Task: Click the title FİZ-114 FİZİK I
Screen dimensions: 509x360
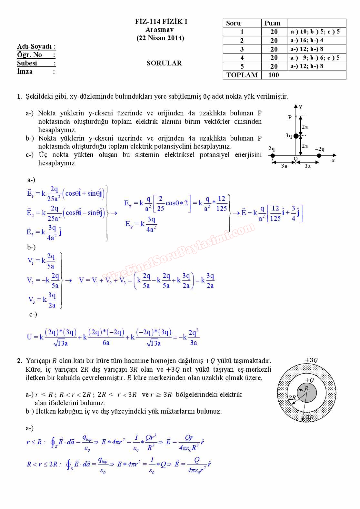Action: [161, 22]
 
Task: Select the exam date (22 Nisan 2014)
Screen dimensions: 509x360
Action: [160, 38]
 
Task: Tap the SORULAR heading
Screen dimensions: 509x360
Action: [164, 63]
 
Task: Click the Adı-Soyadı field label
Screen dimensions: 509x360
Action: [36, 46]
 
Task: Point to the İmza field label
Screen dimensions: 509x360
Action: [25, 72]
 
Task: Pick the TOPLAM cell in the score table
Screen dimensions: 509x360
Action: [242, 75]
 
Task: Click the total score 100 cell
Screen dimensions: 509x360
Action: [274, 75]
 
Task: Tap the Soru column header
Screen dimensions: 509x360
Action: [234, 23]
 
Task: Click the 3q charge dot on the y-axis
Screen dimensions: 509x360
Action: [296, 136]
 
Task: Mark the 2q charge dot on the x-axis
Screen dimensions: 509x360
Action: [273, 156]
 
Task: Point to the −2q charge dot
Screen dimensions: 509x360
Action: [319, 156]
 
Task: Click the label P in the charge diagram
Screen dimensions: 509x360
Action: [290, 117]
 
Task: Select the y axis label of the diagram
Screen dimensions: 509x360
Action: [301, 106]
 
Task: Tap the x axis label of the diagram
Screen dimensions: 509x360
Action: [333, 161]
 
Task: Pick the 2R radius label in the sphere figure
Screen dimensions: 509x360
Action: [292, 397]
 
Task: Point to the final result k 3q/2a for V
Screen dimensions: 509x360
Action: [207, 280]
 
